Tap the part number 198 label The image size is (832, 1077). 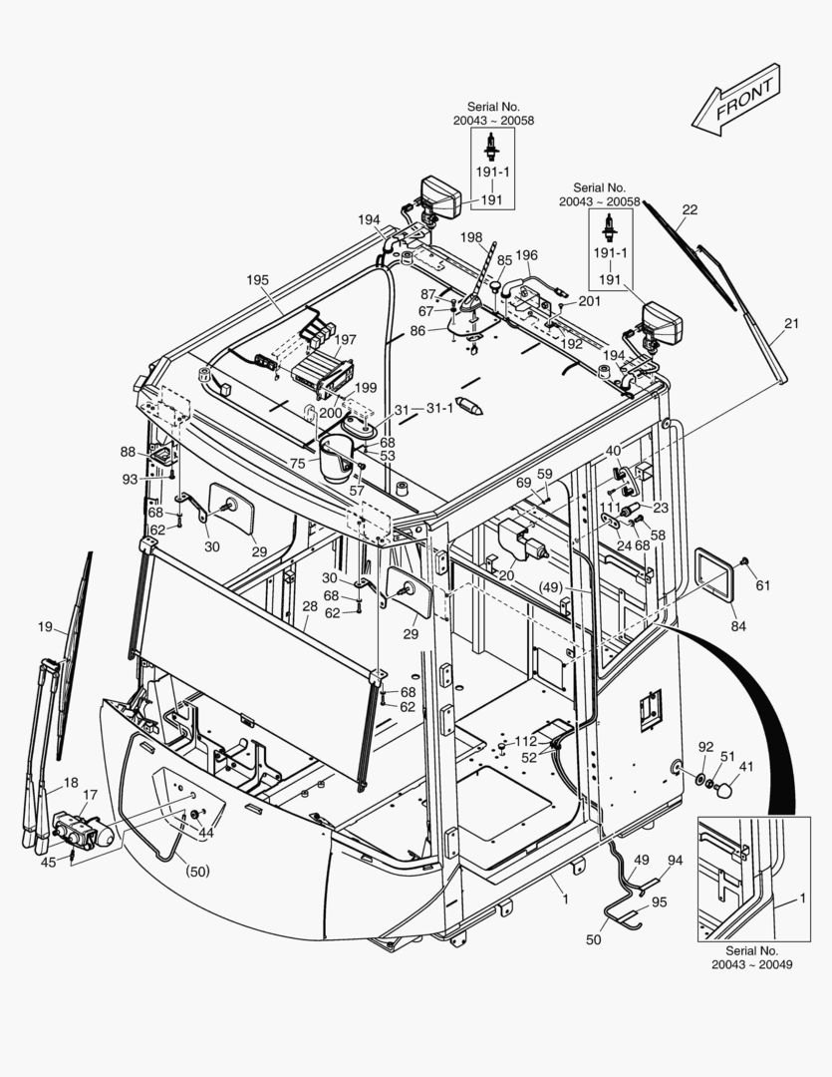471,237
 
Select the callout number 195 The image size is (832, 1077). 257,280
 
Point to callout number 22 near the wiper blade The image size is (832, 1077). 690,209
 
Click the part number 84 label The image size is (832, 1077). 738,625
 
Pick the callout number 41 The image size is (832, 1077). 745,766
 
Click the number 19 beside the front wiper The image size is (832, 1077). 45,626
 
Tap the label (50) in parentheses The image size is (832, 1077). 197,871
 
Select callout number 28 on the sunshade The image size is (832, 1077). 310,606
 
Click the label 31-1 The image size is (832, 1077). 439,408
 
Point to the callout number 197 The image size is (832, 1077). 346,340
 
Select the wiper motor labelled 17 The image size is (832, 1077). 83,830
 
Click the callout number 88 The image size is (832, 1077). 128,452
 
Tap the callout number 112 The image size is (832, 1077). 526,741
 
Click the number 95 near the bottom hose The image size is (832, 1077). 659,901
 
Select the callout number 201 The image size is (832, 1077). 590,301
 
